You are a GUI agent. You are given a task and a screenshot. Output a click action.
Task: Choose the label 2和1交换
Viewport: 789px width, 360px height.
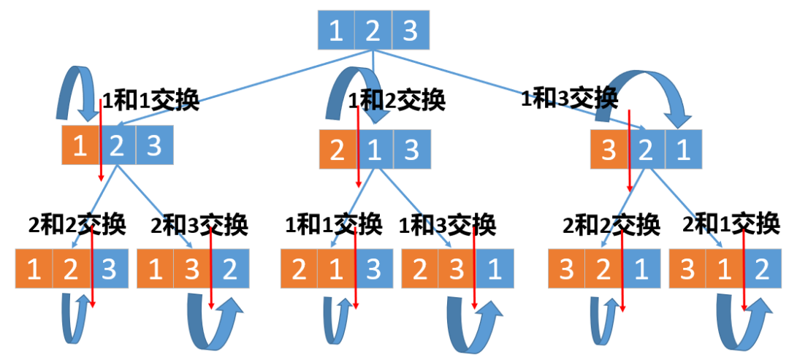[x=731, y=224]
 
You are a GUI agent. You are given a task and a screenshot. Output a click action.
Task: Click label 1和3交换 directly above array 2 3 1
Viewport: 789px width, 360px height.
[x=449, y=224]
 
